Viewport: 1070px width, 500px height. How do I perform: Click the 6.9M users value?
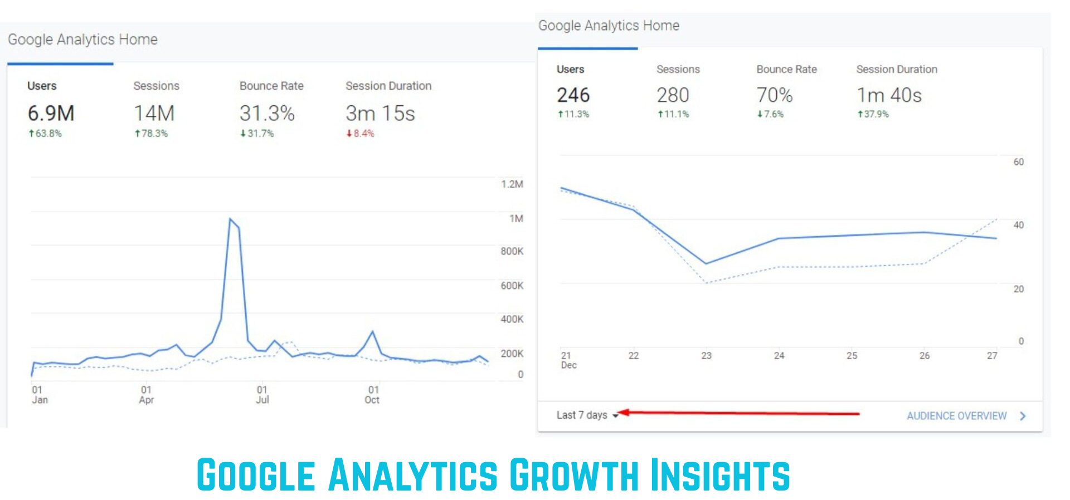[51, 114]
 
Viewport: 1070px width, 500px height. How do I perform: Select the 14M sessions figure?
[154, 114]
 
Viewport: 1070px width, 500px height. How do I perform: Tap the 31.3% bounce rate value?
[267, 114]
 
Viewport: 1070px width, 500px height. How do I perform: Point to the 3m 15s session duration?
[380, 114]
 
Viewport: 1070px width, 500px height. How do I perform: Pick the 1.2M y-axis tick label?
[512, 184]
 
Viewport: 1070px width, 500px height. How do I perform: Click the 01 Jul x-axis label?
[262, 395]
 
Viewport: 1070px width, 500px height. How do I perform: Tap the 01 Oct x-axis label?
[373, 395]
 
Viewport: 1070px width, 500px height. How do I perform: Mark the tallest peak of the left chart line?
[230, 219]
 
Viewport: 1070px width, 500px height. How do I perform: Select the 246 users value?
[573, 95]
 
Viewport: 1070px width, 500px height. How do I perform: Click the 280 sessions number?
[673, 95]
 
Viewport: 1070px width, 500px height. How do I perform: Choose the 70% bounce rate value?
[774, 95]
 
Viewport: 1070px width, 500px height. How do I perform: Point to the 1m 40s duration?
[889, 95]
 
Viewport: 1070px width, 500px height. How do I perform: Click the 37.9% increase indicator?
[873, 114]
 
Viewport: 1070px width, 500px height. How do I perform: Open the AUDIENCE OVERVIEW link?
[956, 416]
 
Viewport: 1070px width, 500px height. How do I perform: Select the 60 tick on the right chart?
[1018, 162]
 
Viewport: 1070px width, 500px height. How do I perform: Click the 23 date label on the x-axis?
[706, 356]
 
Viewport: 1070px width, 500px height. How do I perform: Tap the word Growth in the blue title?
[573, 475]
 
